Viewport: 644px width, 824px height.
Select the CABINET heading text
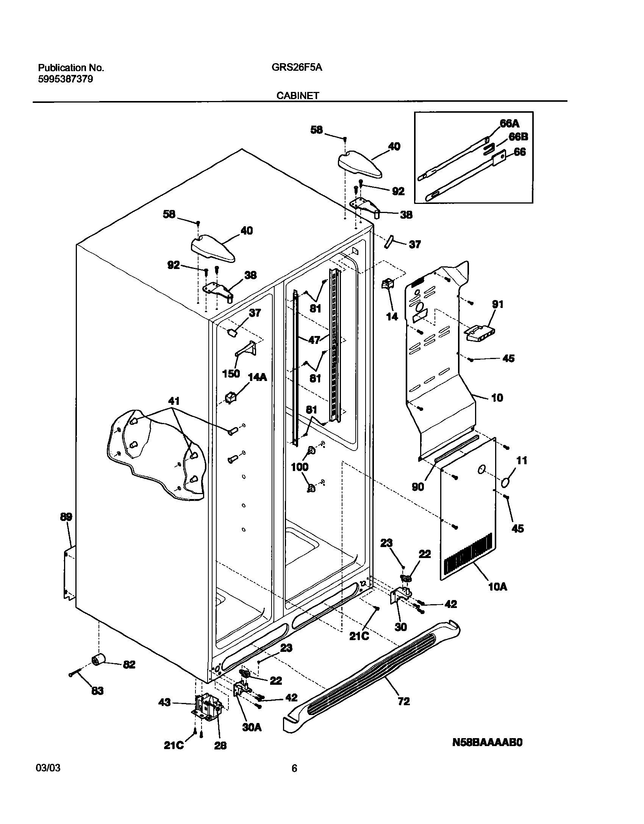pos(297,96)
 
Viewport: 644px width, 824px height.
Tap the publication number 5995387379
pos(65,79)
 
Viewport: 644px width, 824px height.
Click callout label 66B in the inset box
pos(518,137)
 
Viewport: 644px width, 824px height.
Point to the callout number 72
pos(404,701)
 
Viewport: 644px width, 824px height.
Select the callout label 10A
pos(498,587)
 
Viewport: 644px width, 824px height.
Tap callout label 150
pos(231,373)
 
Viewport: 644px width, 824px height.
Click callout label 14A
pos(257,377)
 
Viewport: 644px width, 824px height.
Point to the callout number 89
pos(66,517)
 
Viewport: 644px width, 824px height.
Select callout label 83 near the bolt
pos(97,691)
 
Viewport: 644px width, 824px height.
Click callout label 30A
pos(252,727)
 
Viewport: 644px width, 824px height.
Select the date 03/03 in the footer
pos(48,768)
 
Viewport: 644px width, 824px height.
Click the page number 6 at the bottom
pos(294,768)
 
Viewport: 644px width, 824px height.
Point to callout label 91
pos(497,304)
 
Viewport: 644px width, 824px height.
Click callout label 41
pos(174,401)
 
